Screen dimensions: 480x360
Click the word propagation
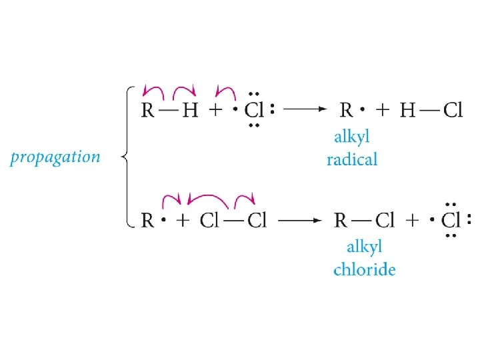(x=55, y=158)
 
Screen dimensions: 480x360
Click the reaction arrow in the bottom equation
(x=301, y=220)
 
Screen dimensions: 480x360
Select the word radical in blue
(x=352, y=159)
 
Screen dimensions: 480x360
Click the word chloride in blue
(x=364, y=269)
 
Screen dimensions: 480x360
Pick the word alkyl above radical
(x=351, y=138)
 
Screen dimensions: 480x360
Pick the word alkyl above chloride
(x=364, y=247)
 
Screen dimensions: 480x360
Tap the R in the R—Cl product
(x=341, y=220)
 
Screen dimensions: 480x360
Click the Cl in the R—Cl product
(x=385, y=220)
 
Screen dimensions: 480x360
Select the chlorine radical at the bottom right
(x=451, y=220)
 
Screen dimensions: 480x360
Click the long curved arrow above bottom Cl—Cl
(x=209, y=197)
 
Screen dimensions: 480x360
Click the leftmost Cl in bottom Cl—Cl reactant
(x=209, y=220)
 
